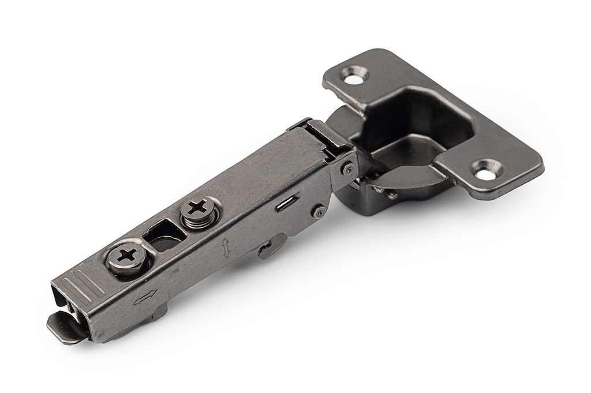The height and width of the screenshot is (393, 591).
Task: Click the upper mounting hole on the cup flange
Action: (354, 76)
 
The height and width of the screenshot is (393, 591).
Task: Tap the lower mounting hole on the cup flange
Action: (485, 170)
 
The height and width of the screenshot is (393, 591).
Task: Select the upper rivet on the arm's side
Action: (347, 169)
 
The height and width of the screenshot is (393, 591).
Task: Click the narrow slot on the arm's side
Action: (287, 203)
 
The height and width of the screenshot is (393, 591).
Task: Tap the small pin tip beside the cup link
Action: (392, 195)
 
